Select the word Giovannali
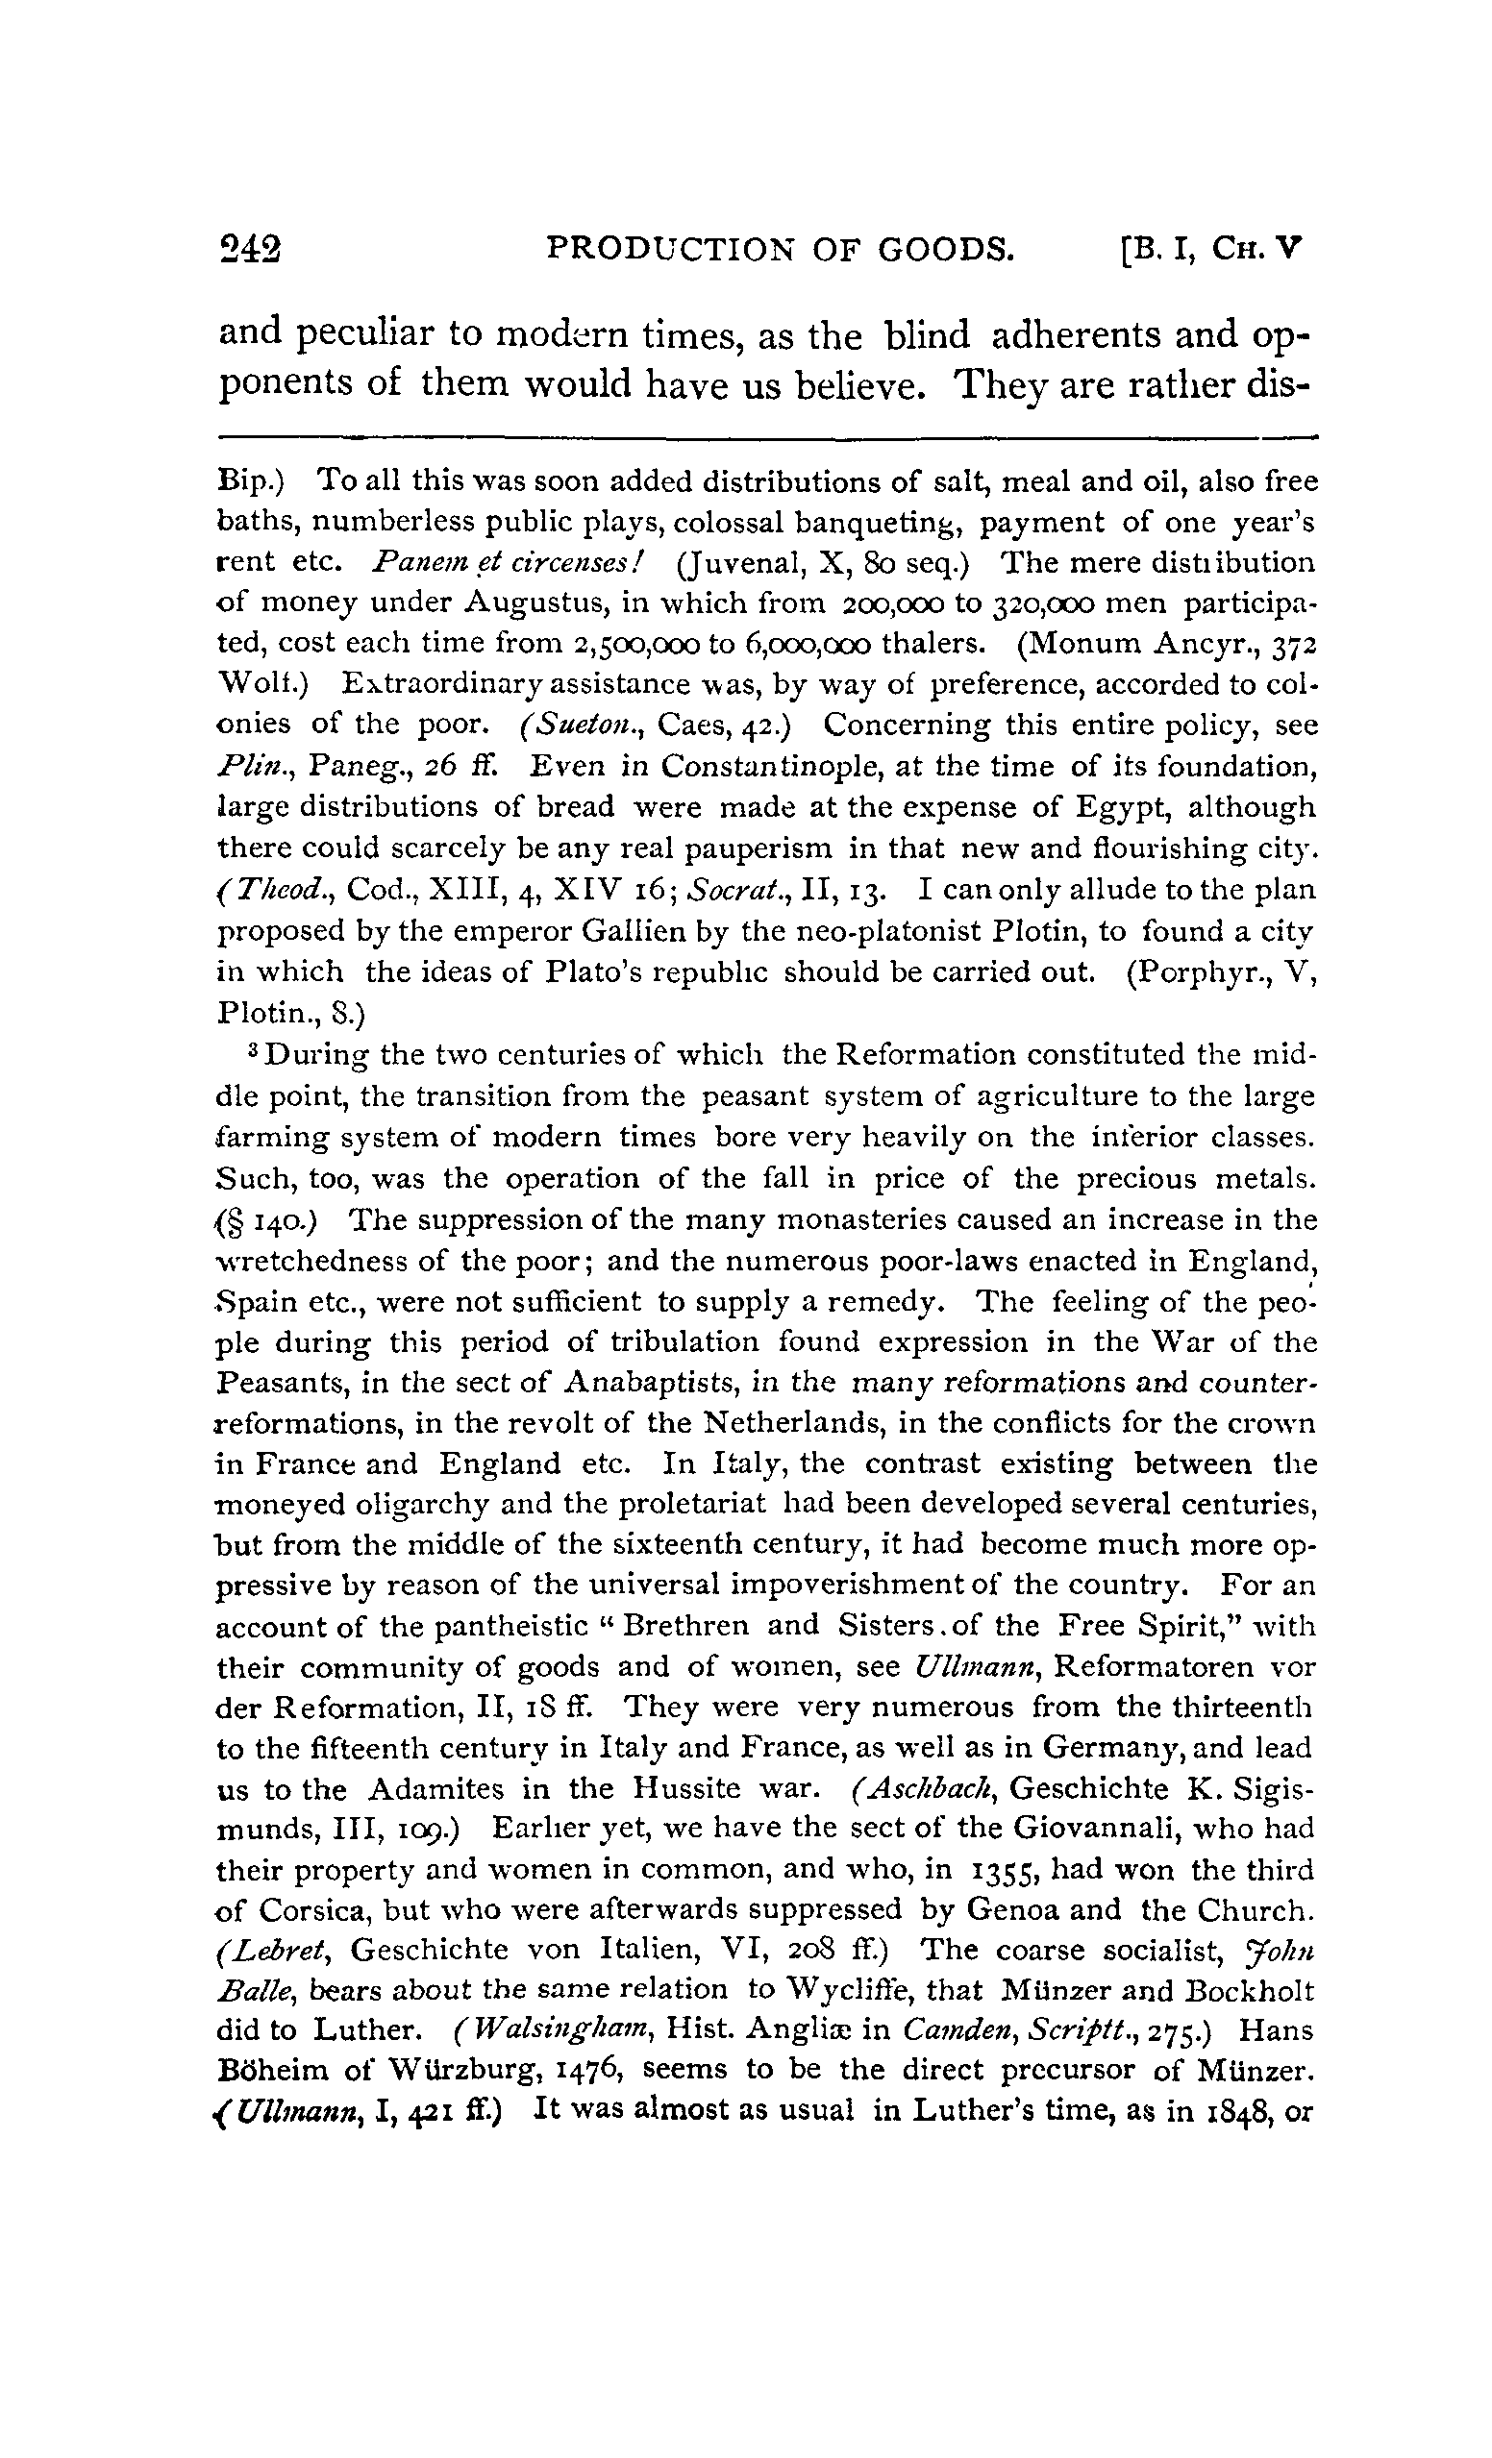point(1090,1829)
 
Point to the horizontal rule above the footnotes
point(766,436)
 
